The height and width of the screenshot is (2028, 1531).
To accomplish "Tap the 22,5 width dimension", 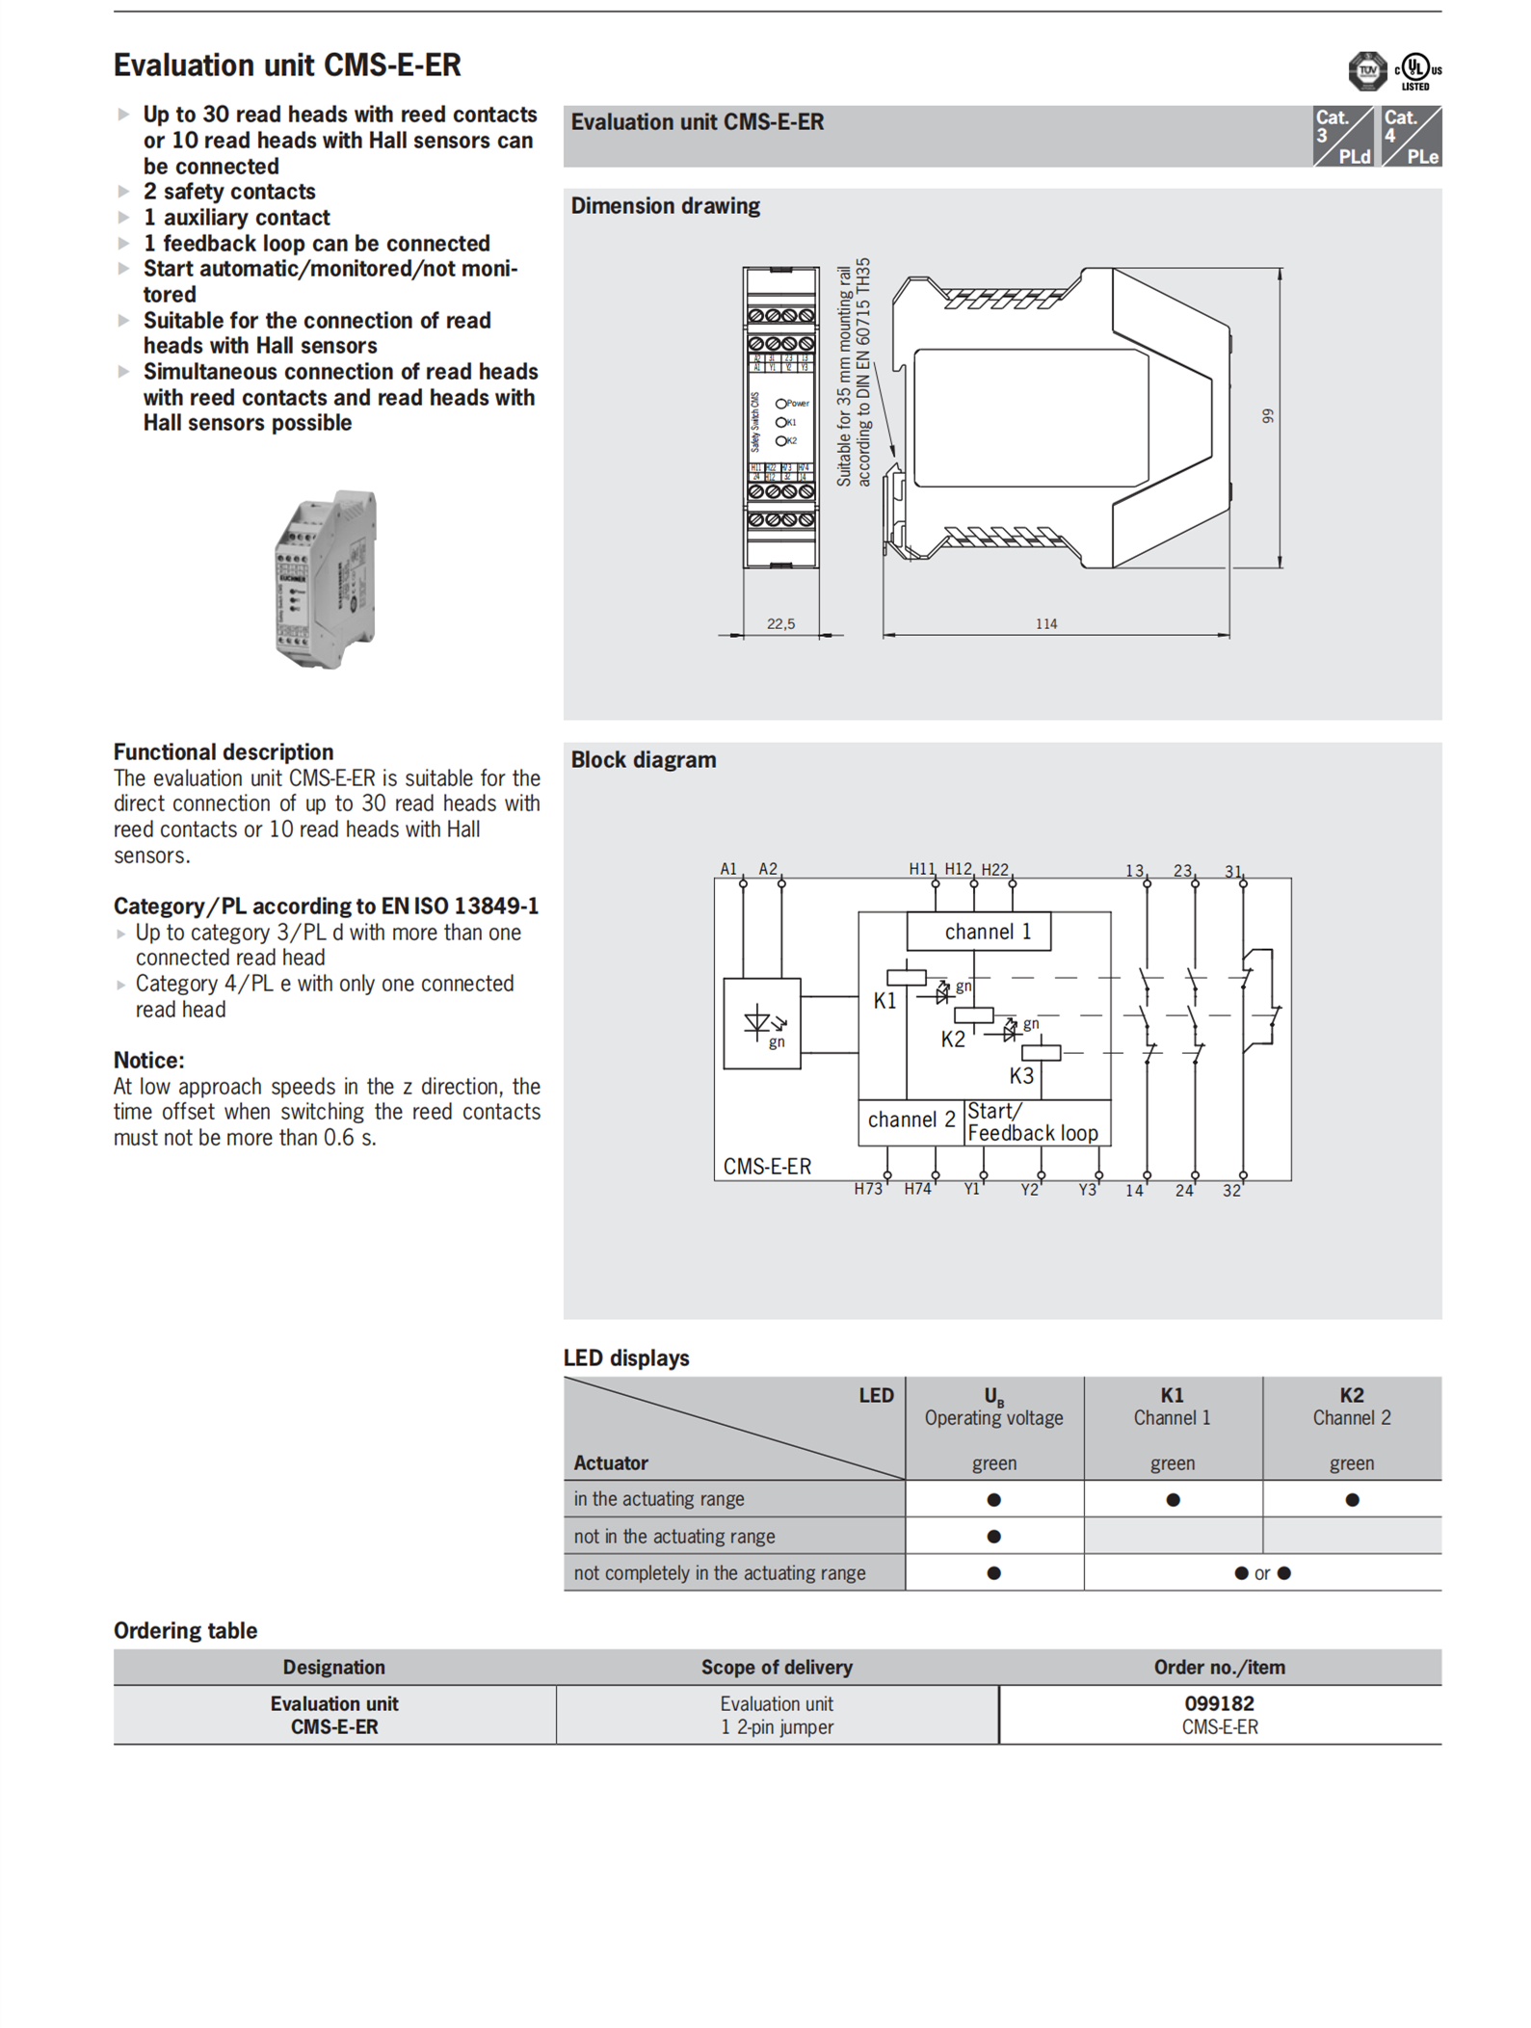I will click(x=780, y=624).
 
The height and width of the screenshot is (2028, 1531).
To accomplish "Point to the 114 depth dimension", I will click(x=1046, y=624).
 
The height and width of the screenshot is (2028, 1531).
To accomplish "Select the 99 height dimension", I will click(x=1268, y=416).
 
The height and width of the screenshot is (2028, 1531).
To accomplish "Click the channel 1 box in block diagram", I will click(x=978, y=932).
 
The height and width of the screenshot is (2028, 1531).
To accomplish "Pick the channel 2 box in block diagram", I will click(x=911, y=1119).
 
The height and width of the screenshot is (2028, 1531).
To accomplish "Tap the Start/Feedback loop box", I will click(x=1036, y=1122).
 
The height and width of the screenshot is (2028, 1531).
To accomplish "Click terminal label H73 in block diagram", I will click(x=867, y=1190).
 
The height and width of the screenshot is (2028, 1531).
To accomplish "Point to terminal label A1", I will click(x=728, y=869).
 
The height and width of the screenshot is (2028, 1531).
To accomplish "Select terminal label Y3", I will click(x=1087, y=1190).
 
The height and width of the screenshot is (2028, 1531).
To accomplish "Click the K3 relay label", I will click(x=1021, y=1076).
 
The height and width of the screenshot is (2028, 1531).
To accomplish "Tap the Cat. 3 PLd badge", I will click(x=1342, y=136).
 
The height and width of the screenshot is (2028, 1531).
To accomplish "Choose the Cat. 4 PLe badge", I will click(x=1411, y=136).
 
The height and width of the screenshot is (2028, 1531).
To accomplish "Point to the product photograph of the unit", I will click(x=326, y=579).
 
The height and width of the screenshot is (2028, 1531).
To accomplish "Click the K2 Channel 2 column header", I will click(x=1351, y=1407).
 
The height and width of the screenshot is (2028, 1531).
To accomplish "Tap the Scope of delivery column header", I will click(x=777, y=1668).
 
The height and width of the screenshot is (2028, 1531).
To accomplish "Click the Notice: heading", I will click(x=149, y=1061).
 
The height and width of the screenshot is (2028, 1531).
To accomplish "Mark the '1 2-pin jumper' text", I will click(x=777, y=1727).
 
